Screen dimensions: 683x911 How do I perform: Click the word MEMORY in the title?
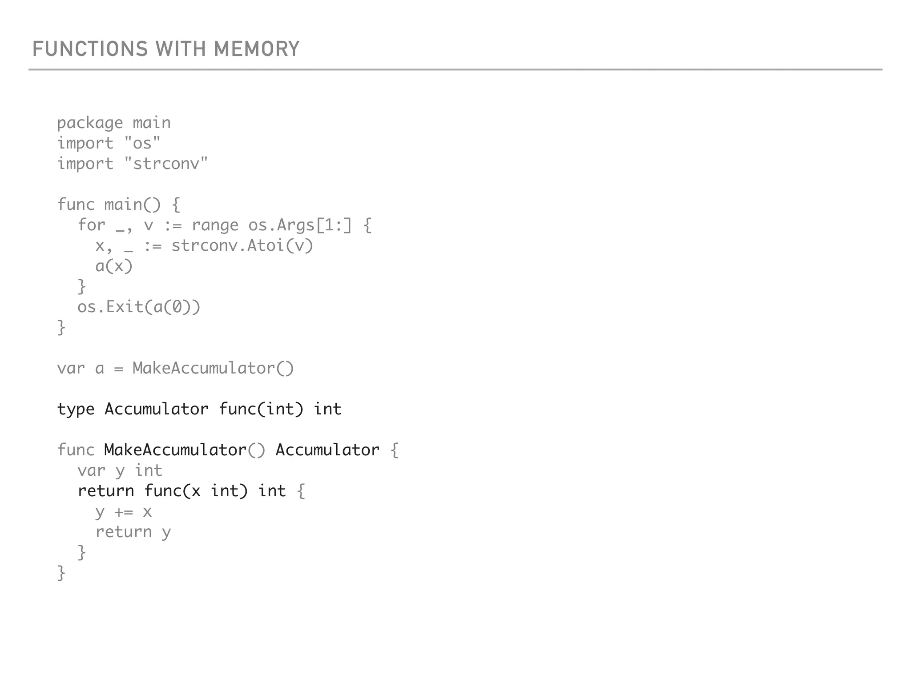click(257, 49)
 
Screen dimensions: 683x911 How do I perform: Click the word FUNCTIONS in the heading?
click(90, 49)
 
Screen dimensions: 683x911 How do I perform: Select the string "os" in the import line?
click(142, 143)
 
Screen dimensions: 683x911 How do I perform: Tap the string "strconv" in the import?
click(166, 164)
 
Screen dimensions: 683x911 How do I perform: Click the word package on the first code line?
click(90, 123)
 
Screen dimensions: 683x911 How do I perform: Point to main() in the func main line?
click(132, 205)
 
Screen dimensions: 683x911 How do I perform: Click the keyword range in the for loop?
click(215, 225)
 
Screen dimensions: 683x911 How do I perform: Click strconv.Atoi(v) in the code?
click(242, 245)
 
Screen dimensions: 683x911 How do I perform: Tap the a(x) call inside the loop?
click(114, 266)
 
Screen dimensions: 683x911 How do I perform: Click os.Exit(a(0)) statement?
click(139, 307)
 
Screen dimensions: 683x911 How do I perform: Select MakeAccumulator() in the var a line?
click(213, 368)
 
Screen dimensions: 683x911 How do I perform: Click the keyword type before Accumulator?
click(76, 409)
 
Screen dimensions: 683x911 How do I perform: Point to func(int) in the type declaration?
click(261, 409)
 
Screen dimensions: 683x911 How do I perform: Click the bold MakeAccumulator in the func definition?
click(175, 450)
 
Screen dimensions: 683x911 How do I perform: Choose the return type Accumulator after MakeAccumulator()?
click(327, 450)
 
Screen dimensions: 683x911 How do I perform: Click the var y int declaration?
click(120, 470)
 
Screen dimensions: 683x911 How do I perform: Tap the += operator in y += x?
click(124, 512)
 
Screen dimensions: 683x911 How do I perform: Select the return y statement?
click(133, 532)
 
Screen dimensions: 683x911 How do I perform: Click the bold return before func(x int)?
click(106, 491)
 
